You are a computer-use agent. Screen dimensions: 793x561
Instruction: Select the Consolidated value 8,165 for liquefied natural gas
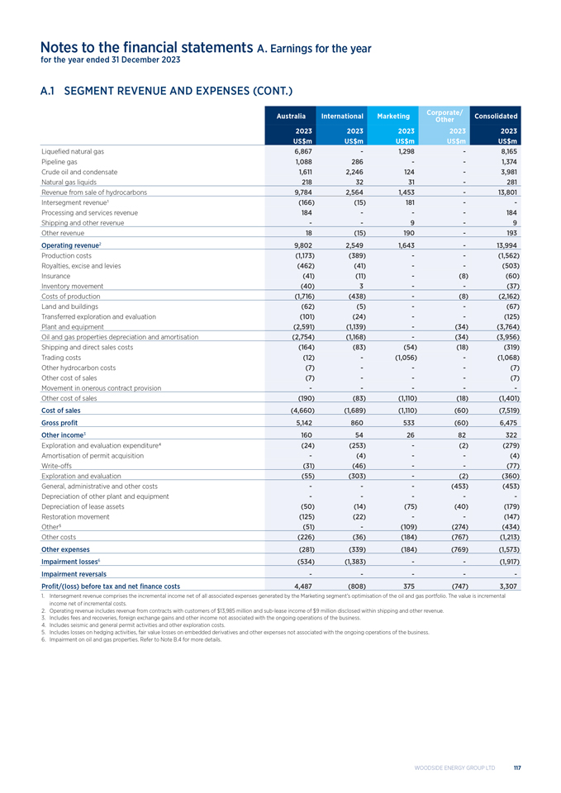point(506,152)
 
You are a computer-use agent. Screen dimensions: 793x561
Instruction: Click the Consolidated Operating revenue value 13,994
point(504,246)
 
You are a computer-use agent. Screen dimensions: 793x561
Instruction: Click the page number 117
point(516,767)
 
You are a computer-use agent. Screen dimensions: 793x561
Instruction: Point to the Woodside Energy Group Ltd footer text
point(459,767)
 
